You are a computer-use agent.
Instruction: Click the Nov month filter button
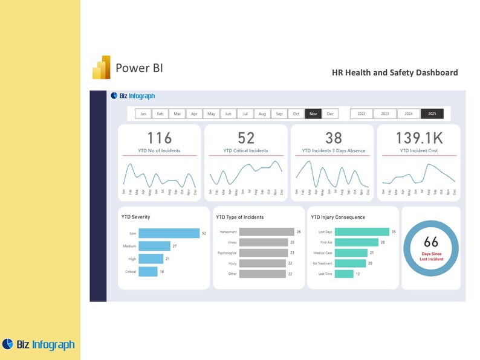(313, 114)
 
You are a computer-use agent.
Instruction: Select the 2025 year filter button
(432, 114)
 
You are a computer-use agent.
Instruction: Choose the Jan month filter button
(143, 114)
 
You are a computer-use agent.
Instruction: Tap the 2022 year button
(362, 114)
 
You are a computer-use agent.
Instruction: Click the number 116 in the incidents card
(160, 138)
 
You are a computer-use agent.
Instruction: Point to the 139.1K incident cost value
(418, 138)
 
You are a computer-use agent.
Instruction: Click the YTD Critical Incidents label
(245, 150)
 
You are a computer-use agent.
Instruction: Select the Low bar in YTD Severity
(169, 233)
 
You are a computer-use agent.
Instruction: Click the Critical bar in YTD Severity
(148, 272)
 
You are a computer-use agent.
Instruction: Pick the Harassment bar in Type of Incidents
(266, 232)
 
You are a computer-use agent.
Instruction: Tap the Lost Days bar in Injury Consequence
(362, 232)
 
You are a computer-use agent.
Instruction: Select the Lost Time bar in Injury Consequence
(344, 274)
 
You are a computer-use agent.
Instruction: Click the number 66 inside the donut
(431, 243)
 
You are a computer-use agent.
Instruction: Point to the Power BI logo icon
(101, 68)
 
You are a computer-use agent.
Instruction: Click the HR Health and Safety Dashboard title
(395, 72)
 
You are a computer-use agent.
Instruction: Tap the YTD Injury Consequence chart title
(338, 217)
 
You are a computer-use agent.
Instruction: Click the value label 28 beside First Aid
(383, 242)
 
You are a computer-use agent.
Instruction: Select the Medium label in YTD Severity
(129, 246)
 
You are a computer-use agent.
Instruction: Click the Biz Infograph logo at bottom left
(39, 344)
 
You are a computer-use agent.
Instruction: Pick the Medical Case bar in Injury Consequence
(351, 253)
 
